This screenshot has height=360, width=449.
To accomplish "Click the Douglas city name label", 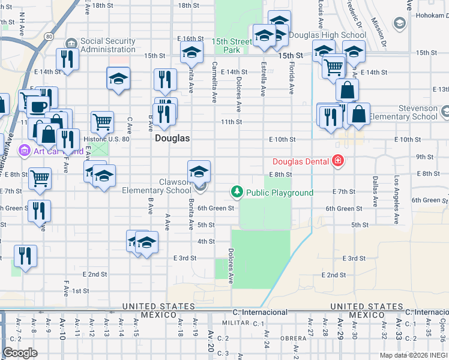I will [x=172, y=138].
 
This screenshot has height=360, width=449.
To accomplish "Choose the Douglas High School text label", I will [x=328, y=35].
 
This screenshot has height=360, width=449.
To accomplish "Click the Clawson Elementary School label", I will [x=157, y=186].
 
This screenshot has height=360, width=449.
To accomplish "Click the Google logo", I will [x=20, y=353].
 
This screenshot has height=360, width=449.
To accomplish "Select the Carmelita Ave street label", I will [x=214, y=82].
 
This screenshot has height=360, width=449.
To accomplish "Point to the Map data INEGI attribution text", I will [x=414, y=355].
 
